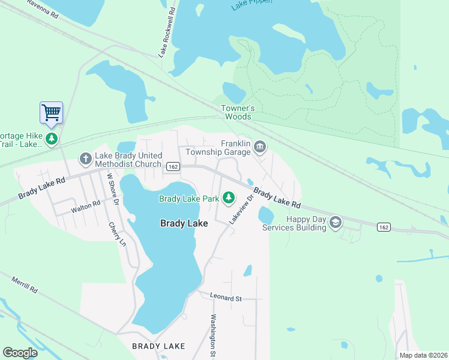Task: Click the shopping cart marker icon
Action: click(x=52, y=112)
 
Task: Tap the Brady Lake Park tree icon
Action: click(x=228, y=197)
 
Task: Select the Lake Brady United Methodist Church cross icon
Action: click(x=85, y=159)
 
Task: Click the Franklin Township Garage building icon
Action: click(x=260, y=146)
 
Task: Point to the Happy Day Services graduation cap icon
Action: click(x=335, y=223)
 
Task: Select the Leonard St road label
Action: click(x=225, y=297)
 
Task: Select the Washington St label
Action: click(x=212, y=336)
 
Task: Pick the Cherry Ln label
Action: click(x=118, y=235)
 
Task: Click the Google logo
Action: click(x=19, y=352)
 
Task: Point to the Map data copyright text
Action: click(x=423, y=355)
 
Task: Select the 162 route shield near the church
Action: click(x=173, y=167)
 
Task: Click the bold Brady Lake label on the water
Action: click(x=184, y=223)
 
